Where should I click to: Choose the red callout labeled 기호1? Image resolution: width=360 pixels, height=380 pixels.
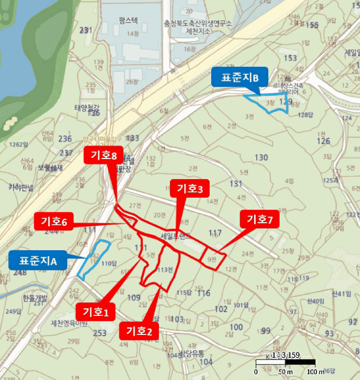[96, 312]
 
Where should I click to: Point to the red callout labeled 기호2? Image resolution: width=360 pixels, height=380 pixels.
[139, 330]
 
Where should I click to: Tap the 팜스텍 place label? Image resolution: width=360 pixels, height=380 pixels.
[128, 21]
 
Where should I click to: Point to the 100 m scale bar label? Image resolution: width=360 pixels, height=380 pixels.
[315, 372]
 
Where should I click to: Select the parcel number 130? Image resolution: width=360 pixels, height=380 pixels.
[261, 158]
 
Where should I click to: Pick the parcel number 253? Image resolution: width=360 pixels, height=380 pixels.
[99, 332]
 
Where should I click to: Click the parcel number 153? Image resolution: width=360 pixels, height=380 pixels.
[291, 58]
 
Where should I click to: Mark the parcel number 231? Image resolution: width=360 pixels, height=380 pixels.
[85, 30]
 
